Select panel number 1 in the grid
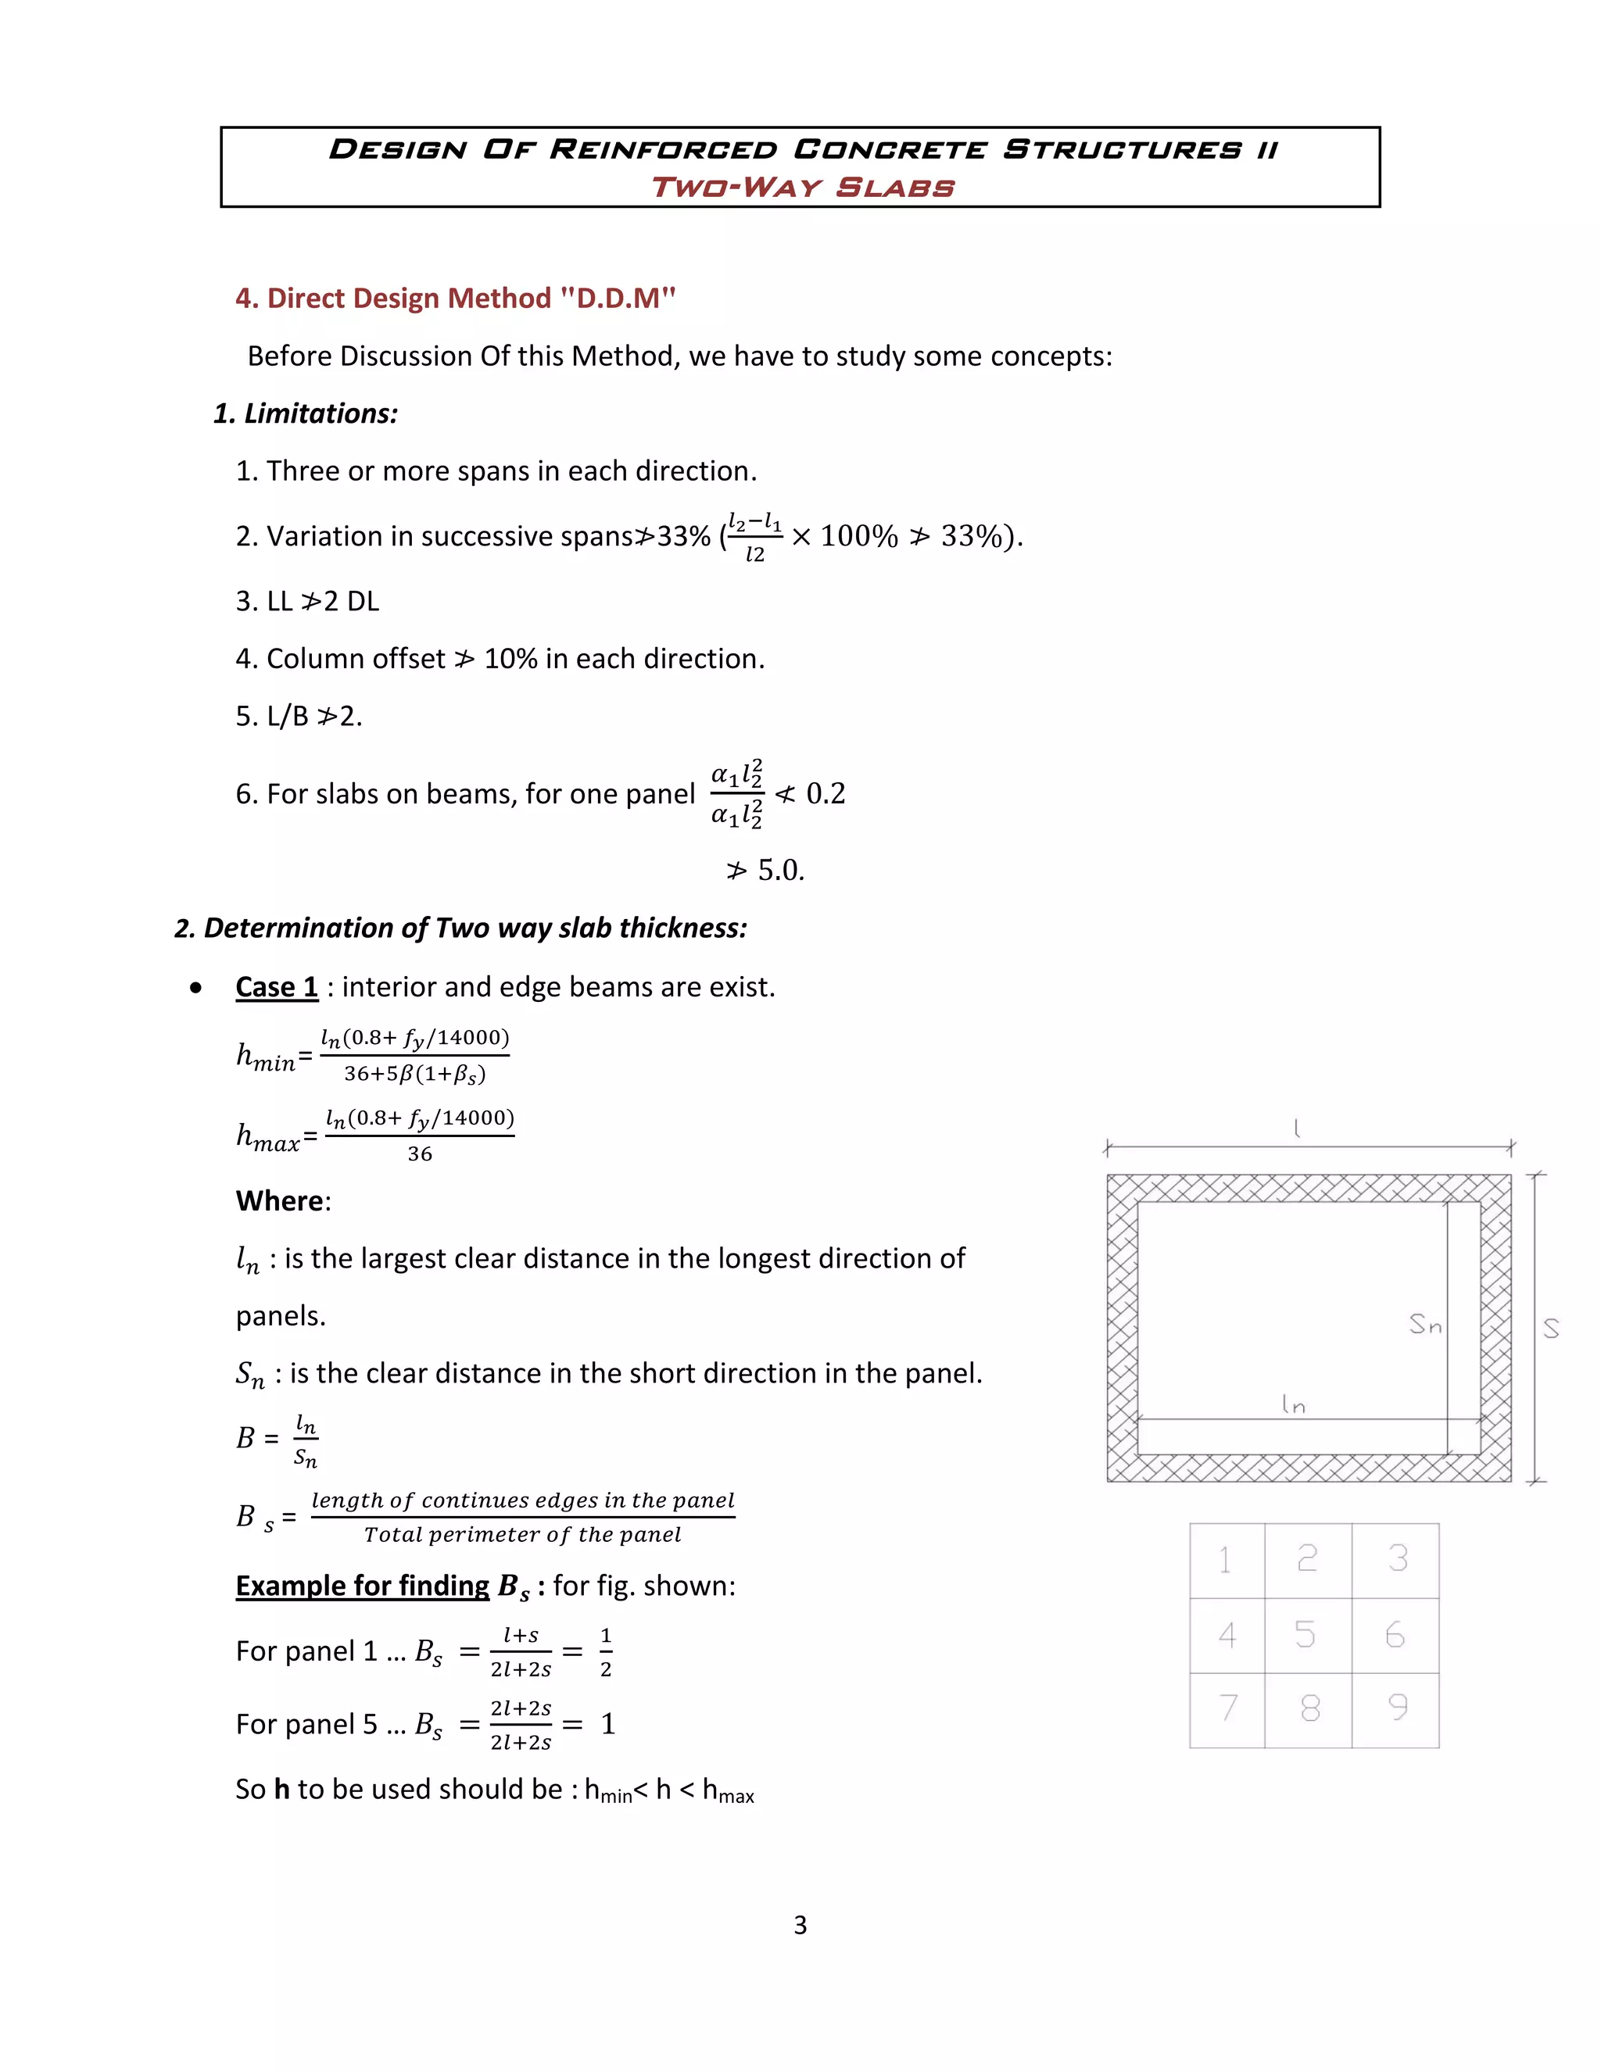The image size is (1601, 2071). click(1226, 1560)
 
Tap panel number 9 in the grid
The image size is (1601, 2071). click(1397, 1708)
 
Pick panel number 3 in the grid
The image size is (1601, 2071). click(1398, 1558)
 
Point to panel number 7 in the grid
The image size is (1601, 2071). click(1228, 1708)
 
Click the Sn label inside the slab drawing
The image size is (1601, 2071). click(1424, 1324)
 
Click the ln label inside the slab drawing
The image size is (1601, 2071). click(1293, 1404)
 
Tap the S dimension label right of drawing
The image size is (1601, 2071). click(1551, 1329)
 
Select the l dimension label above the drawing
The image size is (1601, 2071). click(1297, 1128)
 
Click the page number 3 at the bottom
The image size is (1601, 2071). click(800, 1925)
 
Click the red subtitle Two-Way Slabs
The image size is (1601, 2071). click(802, 187)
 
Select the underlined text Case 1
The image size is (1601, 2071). click(277, 987)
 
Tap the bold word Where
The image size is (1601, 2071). click(281, 1200)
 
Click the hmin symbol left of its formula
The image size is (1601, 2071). click(267, 1055)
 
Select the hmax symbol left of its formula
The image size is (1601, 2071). click(268, 1136)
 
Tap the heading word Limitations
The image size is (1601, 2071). click(321, 413)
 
